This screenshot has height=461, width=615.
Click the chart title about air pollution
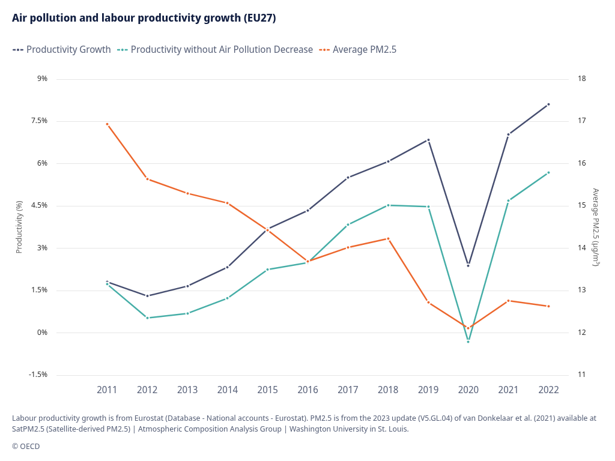pos(144,18)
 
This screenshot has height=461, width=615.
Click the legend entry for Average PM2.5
pos(358,49)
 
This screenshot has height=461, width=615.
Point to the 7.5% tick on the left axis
pos(38,121)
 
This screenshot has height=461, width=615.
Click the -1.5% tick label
pos(37,375)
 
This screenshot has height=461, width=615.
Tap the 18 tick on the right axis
pos(581,79)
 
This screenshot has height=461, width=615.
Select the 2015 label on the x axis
pos(268,390)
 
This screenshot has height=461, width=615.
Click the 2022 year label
pos(548,390)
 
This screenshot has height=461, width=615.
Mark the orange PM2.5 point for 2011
pos(107,124)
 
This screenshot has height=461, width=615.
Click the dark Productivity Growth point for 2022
pos(548,104)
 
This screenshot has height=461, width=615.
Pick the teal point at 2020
pos(468,342)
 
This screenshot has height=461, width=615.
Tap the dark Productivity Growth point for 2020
pos(468,265)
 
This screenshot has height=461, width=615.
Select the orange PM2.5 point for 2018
pos(388,239)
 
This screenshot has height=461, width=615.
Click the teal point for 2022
pos(548,173)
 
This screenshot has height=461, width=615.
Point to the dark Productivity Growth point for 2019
pos(428,140)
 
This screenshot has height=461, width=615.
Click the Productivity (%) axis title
pos(19,227)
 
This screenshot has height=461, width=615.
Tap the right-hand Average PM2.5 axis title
pos(596,227)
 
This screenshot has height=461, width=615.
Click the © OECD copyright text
pos(26,446)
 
